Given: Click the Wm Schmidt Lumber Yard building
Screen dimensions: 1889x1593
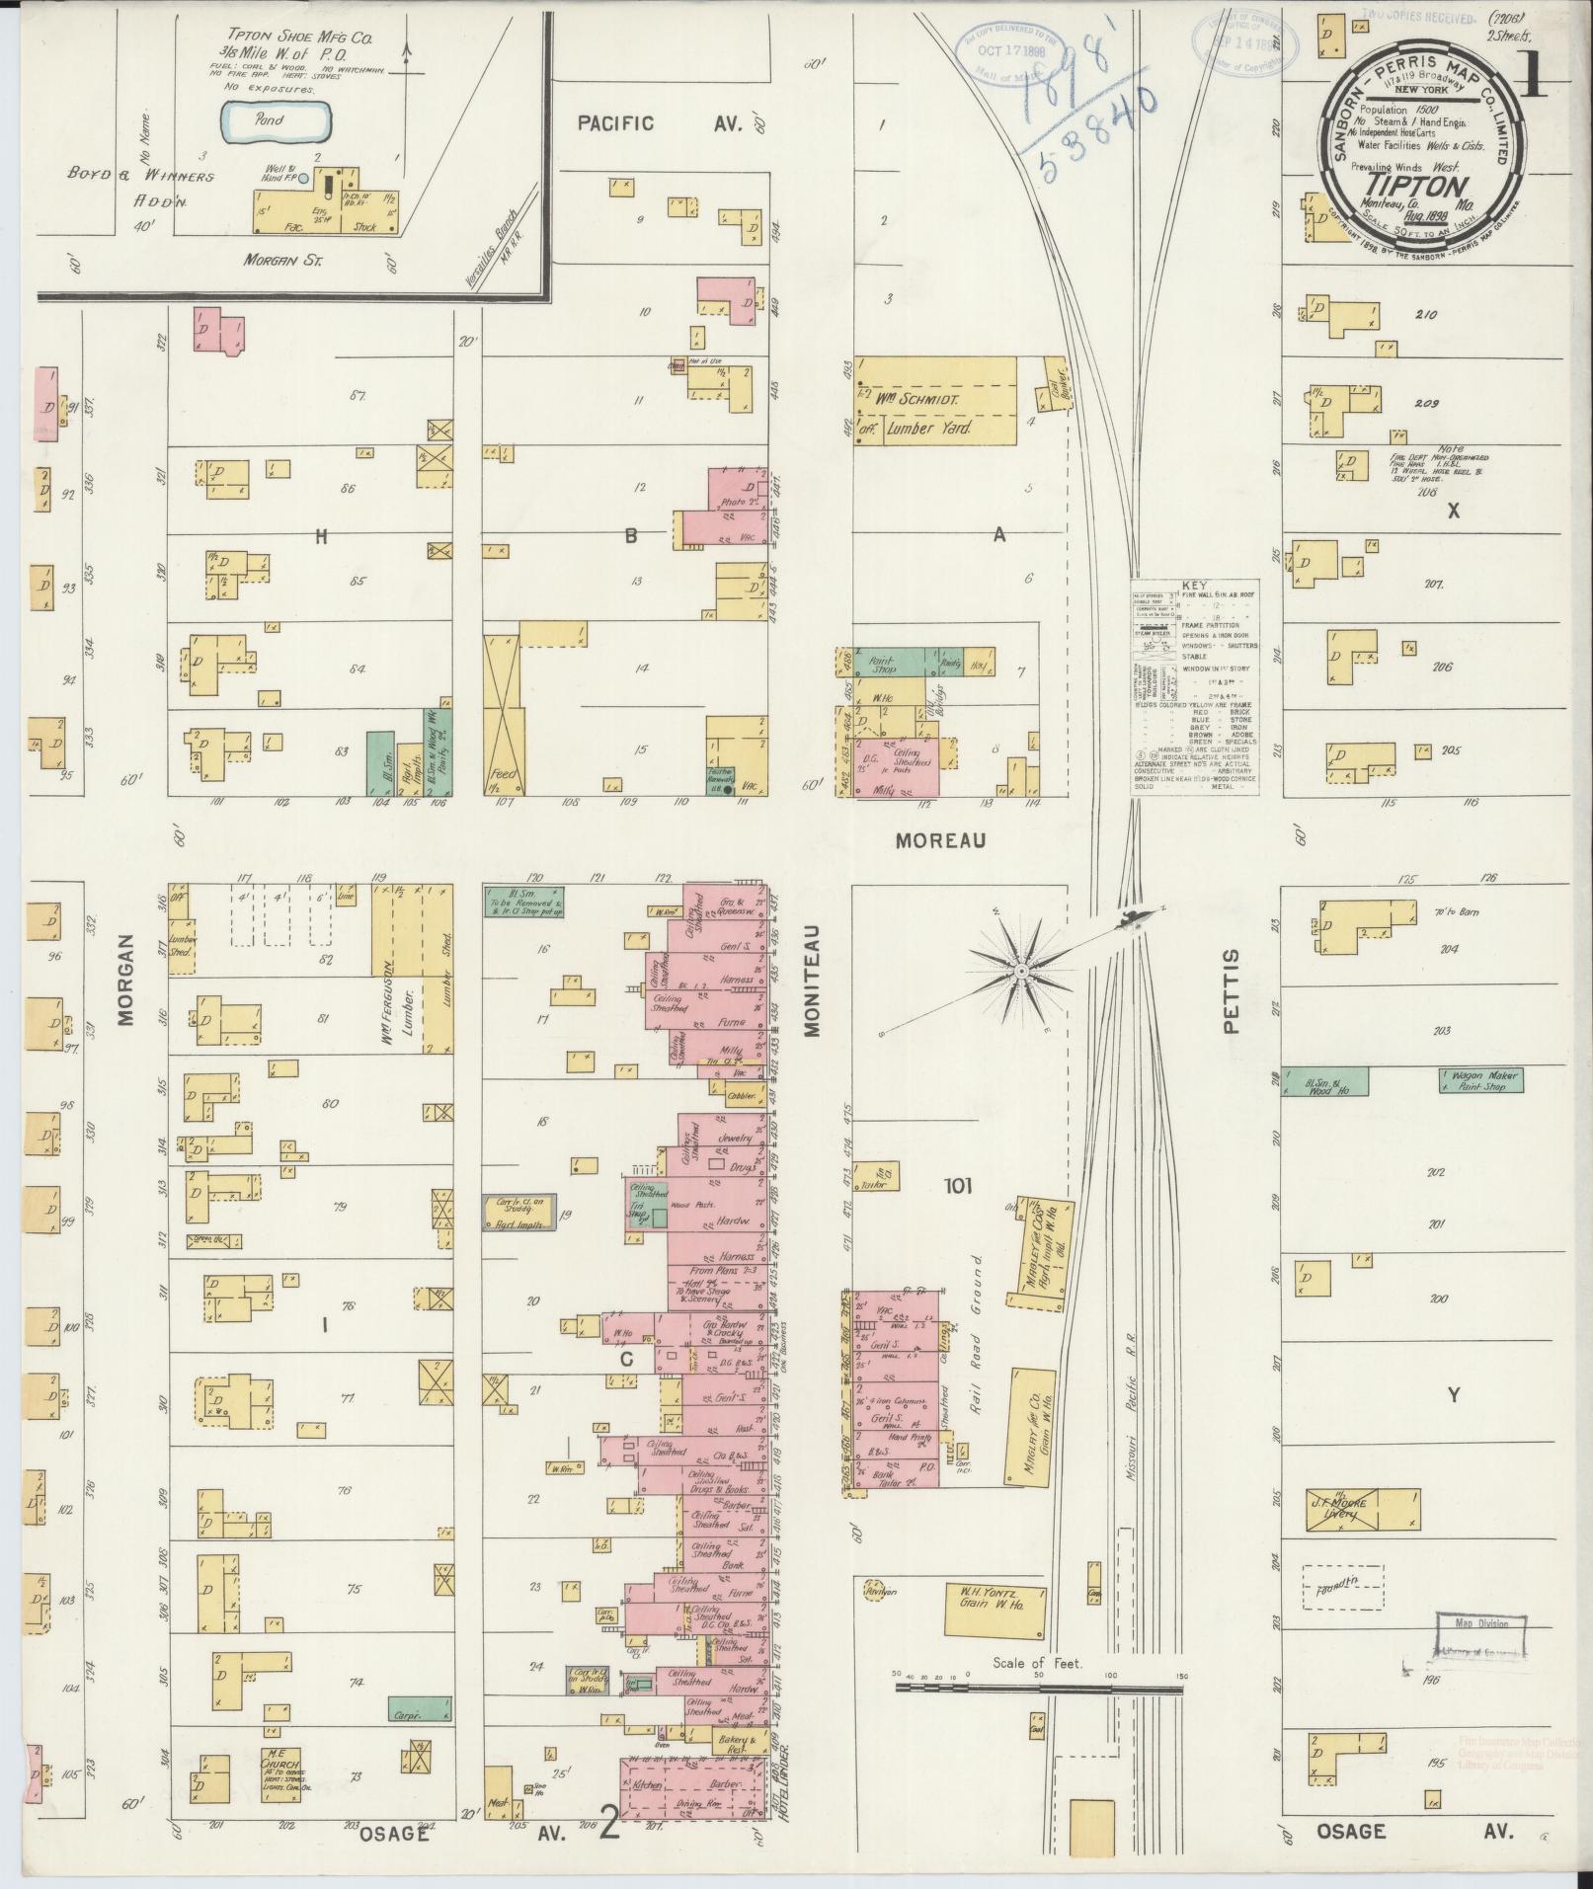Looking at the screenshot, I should [x=933, y=403].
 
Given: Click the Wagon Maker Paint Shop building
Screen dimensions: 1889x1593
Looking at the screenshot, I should [x=1480, y=1080].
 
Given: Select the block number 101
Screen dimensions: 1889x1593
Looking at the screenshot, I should [x=957, y=1186].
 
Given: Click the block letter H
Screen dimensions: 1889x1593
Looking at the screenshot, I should [x=319, y=537].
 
